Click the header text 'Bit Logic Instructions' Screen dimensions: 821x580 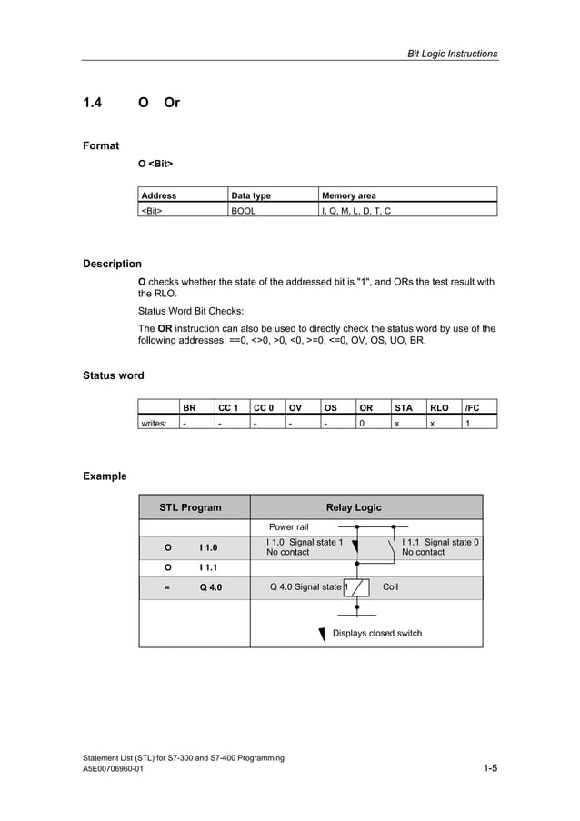point(451,54)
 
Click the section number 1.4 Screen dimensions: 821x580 point(93,103)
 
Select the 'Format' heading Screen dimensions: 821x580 point(101,145)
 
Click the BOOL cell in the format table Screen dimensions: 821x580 point(245,210)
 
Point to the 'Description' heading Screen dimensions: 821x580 point(112,264)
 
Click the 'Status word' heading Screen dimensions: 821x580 point(113,375)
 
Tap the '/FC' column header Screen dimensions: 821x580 point(473,408)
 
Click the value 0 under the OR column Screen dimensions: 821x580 point(362,423)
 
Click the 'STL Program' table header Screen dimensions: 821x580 point(190,507)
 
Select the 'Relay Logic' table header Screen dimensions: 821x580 point(354,507)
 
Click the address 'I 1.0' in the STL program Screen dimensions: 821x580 point(208,547)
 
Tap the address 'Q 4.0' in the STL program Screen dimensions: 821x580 point(210,587)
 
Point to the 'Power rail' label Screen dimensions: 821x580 point(289,526)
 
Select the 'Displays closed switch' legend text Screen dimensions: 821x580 point(377,633)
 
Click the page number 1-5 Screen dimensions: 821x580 point(489,769)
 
